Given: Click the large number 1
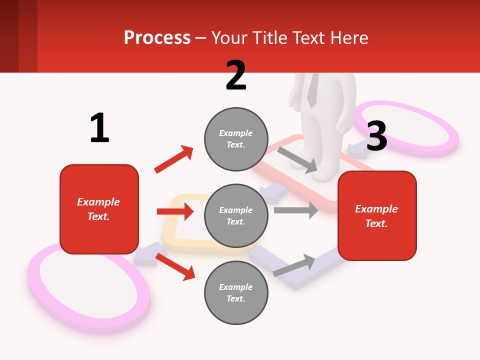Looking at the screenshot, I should click(x=99, y=128).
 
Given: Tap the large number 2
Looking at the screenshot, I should click(x=236, y=75).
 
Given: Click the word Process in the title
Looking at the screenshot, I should click(x=157, y=37).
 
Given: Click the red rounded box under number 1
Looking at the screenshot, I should click(x=99, y=209).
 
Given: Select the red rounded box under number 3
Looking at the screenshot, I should click(x=377, y=216).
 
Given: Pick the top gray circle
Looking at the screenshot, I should click(x=236, y=138).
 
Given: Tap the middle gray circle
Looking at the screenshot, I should click(x=236, y=215).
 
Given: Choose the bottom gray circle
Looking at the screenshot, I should click(x=236, y=292).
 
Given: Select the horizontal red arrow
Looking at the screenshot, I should click(x=175, y=211).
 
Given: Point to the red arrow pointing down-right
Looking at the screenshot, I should click(x=175, y=266).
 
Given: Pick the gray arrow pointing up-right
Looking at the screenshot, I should click(x=294, y=265).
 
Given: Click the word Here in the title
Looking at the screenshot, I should click(x=349, y=37).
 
